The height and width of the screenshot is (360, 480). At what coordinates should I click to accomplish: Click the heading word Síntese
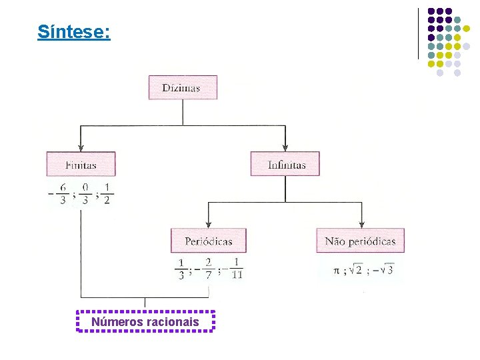pyautogui.click(x=73, y=31)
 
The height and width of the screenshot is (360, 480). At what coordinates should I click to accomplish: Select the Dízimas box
pyautogui.click(x=182, y=88)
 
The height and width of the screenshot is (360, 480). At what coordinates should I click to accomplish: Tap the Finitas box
pyautogui.click(x=81, y=165)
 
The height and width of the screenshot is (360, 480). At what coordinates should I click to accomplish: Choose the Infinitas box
pyautogui.click(x=285, y=165)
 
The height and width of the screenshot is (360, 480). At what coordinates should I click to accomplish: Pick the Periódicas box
pyautogui.click(x=209, y=241)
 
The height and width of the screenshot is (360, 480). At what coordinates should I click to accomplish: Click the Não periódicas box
pyautogui.click(x=361, y=241)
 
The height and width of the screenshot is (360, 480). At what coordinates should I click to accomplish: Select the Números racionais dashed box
pyautogui.click(x=145, y=322)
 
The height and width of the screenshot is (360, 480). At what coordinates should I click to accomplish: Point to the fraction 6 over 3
pyautogui.click(x=63, y=194)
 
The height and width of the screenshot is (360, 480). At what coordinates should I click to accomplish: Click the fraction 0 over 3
pyautogui.click(x=84, y=194)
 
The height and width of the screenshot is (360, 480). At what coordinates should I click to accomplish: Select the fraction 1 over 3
pyautogui.click(x=181, y=269)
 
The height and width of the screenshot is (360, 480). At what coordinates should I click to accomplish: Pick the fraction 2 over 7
pyautogui.click(x=208, y=269)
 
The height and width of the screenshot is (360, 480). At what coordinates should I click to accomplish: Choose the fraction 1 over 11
pyautogui.click(x=236, y=269)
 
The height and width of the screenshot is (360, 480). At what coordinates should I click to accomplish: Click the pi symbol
pyautogui.click(x=337, y=271)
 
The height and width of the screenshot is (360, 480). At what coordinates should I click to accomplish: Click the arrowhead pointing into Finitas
pyautogui.click(x=81, y=148)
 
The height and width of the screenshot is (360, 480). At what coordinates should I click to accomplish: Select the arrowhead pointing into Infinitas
pyautogui.click(x=285, y=148)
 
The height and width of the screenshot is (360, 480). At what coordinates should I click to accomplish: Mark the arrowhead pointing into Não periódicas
pyautogui.click(x=361, y=224)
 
